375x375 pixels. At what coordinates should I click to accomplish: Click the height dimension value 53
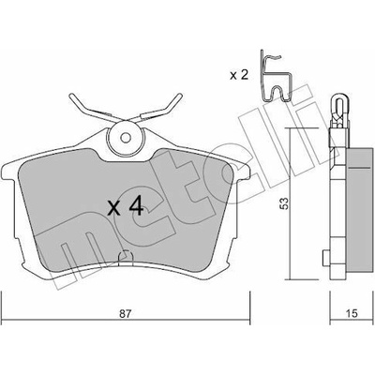[x=283, y=203]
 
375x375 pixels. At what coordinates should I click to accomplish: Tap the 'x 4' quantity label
[x=125, y=207]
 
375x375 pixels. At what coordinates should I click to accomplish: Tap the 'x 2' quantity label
[x=239, y=75]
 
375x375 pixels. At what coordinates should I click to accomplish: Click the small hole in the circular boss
[x=126, y=138]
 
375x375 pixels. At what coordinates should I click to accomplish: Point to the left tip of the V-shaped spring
[x=71, y=97]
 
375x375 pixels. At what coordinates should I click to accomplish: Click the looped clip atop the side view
[x=340, y=106]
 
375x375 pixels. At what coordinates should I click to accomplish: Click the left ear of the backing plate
[x=9, y=172]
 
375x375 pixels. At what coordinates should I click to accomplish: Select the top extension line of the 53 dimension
[x=302, y=128]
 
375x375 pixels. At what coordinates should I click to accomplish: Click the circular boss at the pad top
[x=126, y=138]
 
